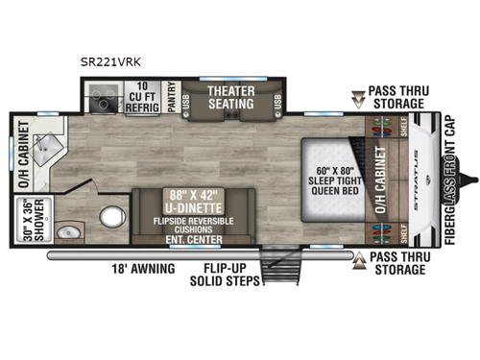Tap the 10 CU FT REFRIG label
[x=144, y=99]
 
